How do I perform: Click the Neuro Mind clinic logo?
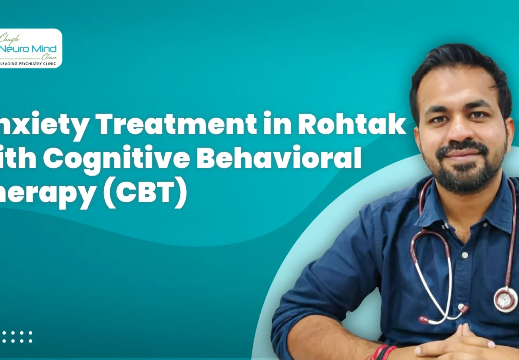[30, 48]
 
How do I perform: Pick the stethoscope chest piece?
[505, 299]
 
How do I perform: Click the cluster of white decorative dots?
[16, 337]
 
